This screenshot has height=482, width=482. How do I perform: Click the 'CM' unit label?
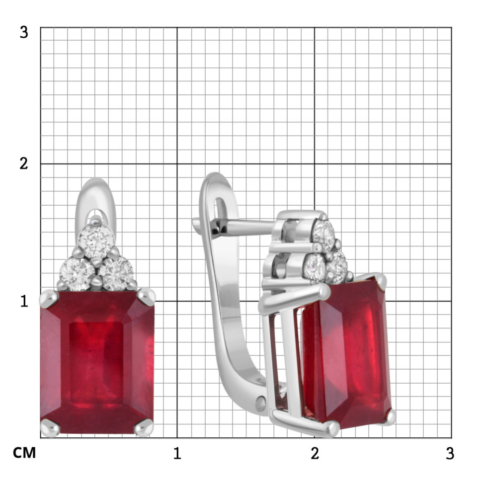click(x=24, y=453)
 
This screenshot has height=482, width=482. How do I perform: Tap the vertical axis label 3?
click(x=24, y=32)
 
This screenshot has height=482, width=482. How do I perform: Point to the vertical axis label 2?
click(x=24, y=163)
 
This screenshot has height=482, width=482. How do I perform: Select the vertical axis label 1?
click(x=24, y=301)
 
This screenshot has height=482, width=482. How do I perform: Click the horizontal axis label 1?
click(x=177, y=453)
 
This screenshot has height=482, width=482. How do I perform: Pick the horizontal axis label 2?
click(x=315, y=453)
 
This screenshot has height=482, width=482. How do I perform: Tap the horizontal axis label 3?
click(x=450, y=453)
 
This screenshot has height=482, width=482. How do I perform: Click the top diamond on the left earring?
click(x=96, y=241)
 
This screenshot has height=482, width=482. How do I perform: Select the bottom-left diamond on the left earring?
click(x=77, y=274)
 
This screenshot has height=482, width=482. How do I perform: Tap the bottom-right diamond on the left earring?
click(x=116, y=274)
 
